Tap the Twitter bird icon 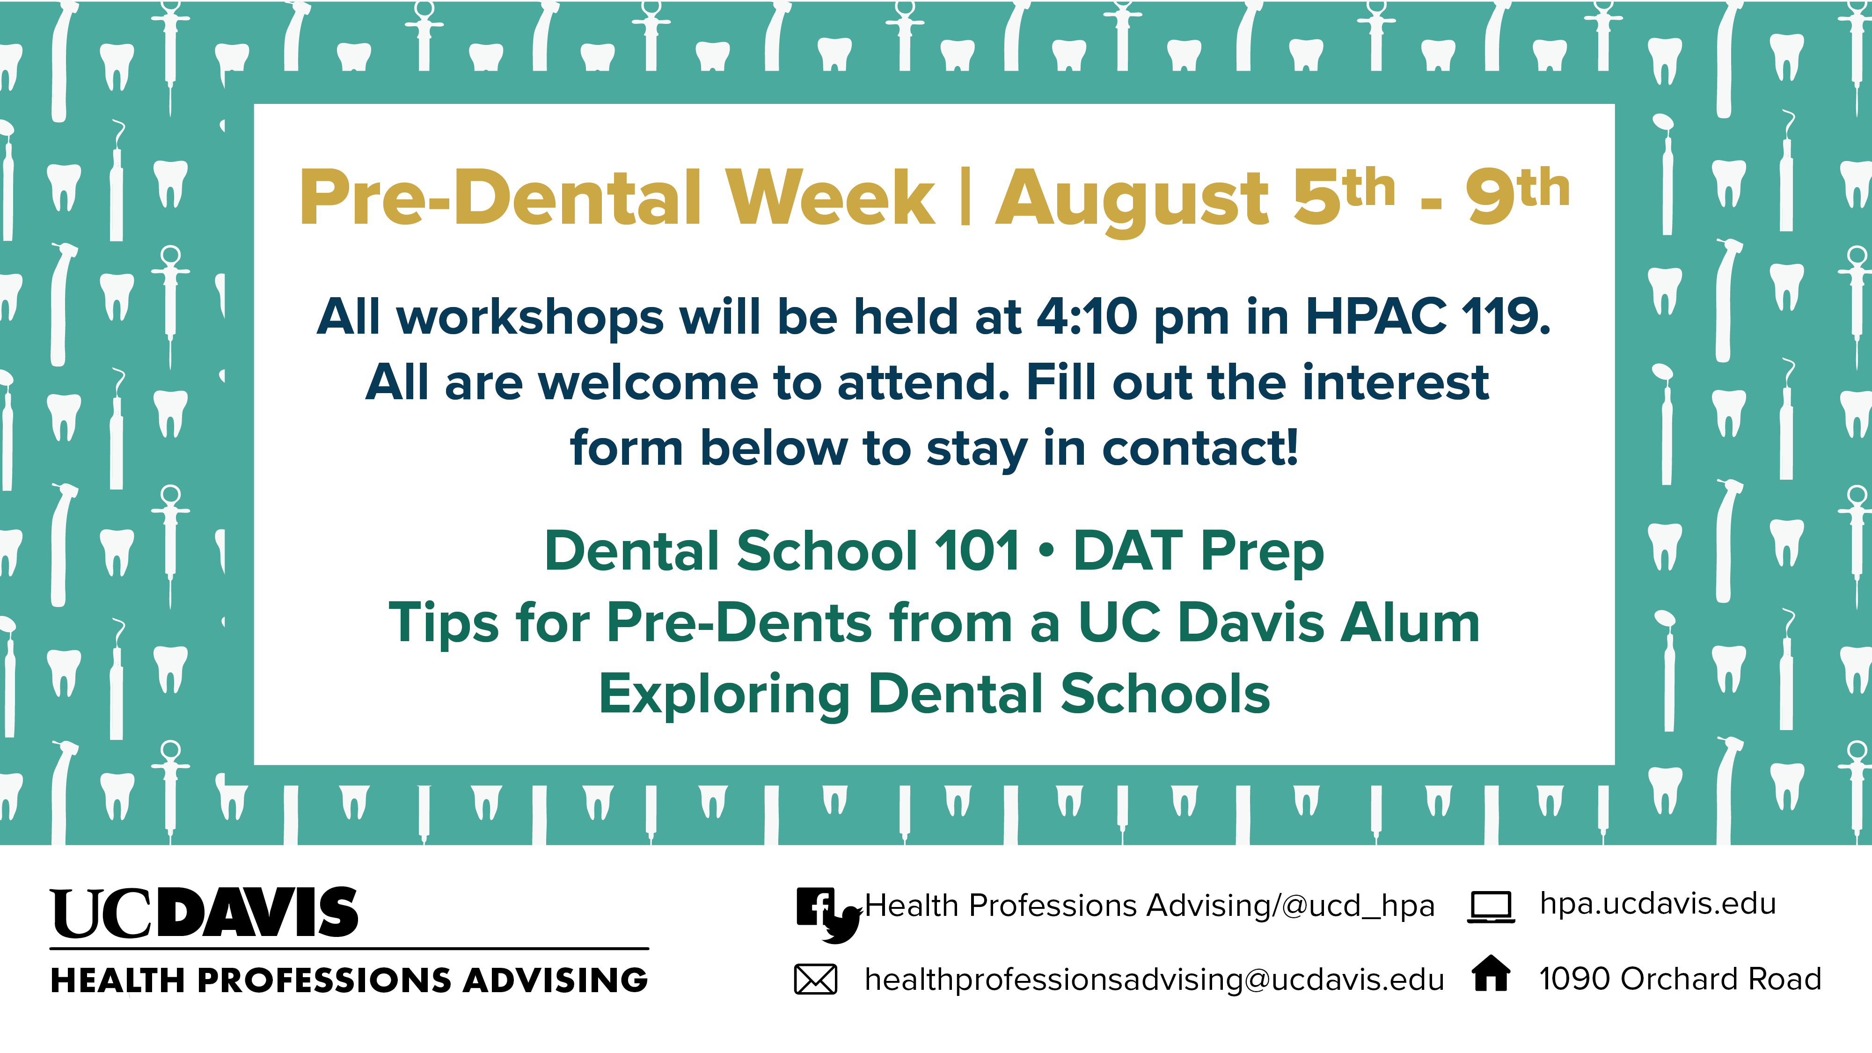coord(841,925)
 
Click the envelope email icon coord(815,979)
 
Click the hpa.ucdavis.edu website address coord(1658,905)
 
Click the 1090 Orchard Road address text coord(1680,979)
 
